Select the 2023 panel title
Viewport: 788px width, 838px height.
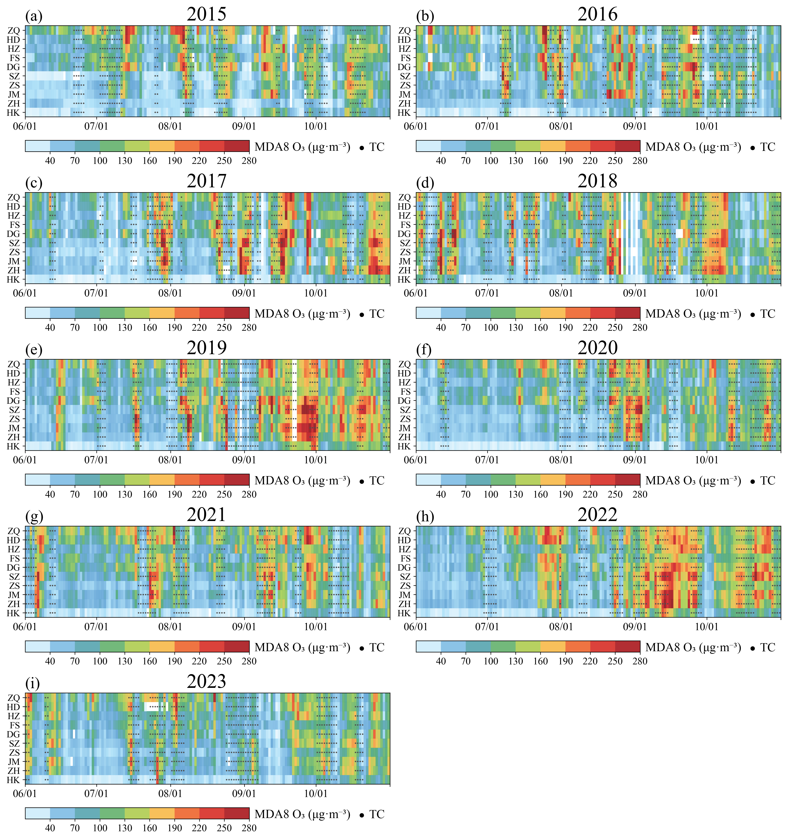207,682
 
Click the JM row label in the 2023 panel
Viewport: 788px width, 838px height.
14,762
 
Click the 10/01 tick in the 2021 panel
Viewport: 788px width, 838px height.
316,627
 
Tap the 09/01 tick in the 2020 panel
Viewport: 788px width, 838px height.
635,460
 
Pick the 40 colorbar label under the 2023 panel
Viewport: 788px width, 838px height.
50,828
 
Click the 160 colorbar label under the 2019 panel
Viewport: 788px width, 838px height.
150,494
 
